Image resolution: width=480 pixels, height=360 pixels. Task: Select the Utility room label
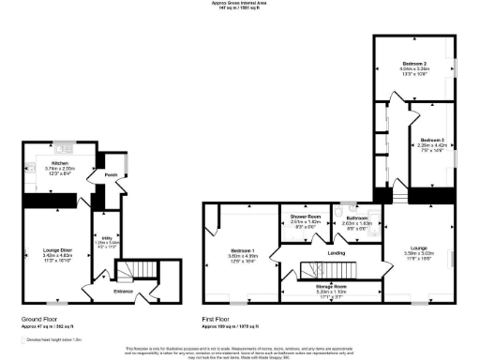pos(106,238)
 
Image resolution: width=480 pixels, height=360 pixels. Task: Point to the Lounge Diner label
pos(57,249)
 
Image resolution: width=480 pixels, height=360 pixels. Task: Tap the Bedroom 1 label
pos(243,250)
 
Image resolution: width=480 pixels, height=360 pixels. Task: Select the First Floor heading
pos(217,319)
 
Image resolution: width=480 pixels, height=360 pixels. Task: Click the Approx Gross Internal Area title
pos(240,4)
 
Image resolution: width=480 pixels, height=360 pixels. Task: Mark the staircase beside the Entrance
pos(141,271)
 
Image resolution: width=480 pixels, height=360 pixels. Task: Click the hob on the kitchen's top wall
pos(65,146)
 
